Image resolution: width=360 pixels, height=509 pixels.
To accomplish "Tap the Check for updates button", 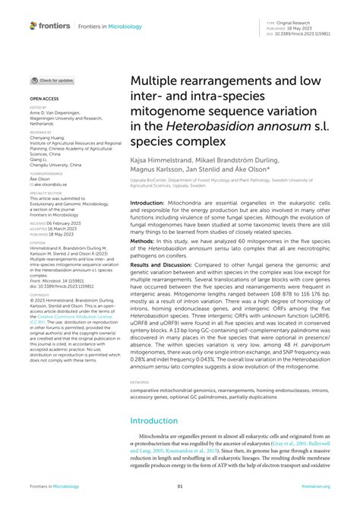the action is pyautogui.click(x=52, y=80).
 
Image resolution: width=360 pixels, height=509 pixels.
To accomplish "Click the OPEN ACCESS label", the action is pyautogui.click(x=43, y=99).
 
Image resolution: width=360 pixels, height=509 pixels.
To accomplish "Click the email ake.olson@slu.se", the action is pyautogui.click(x=51, y=184).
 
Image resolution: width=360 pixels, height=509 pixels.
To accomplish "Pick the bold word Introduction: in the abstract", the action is pyautogui.click(x=152, y=204).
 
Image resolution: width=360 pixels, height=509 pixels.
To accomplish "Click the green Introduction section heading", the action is pyautogui.click(x=156, y=420).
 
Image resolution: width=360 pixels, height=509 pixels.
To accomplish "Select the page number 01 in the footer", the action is pyautogui.click(x=180, y=488).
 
